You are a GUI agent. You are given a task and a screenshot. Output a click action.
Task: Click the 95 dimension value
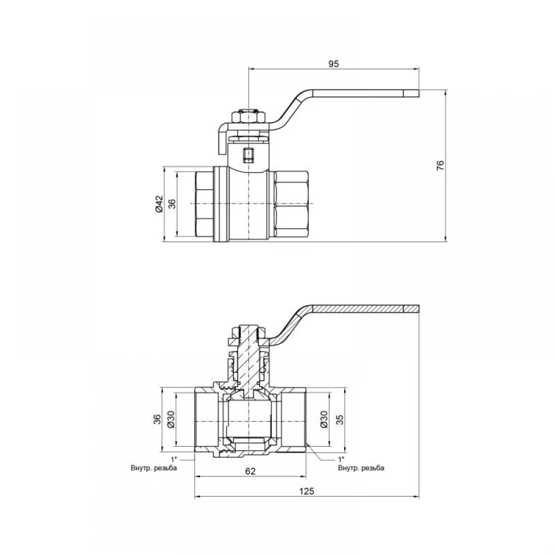(334, 64)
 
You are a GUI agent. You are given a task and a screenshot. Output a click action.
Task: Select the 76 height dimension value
(440, 165)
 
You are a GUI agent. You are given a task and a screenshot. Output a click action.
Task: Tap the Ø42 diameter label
(159, 204)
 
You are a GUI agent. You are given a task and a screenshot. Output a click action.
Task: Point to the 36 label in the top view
(171, 204)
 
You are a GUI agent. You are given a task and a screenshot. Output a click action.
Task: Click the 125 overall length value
(306, 491)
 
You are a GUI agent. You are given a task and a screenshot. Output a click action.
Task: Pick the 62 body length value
(250, 471)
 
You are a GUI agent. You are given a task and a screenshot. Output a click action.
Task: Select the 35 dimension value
(340, 420)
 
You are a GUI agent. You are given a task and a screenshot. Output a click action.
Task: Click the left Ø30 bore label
(170, 420)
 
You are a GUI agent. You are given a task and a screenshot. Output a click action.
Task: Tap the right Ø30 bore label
(324, 420)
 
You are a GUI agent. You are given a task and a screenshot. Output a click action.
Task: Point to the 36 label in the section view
(158, 420)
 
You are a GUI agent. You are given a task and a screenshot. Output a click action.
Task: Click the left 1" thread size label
(173, 460)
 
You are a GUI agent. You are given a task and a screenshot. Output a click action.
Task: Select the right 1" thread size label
(341, 460)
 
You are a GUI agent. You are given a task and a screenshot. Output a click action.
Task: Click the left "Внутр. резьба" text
(154, 468)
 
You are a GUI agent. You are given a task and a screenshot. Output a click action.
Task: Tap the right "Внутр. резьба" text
(361, 468)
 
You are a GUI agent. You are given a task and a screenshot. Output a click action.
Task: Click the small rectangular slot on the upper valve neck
(249, 154)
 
